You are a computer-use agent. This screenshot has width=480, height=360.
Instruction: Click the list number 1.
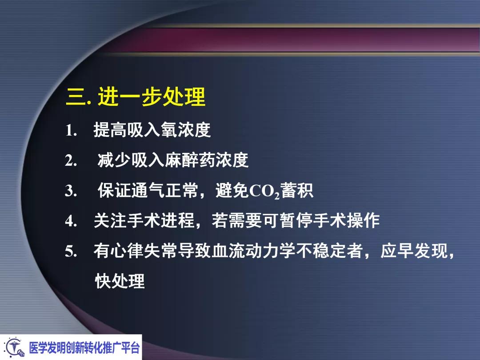[72, 131]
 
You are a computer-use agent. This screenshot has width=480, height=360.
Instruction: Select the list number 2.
[72, 160]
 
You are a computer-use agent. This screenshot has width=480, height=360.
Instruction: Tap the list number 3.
[72, 191]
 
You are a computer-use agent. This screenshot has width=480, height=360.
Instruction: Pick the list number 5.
[72, 252]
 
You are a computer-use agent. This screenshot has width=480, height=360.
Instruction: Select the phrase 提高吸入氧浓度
[152, 130]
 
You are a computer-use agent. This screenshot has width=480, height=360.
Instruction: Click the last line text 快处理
[120, 281]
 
